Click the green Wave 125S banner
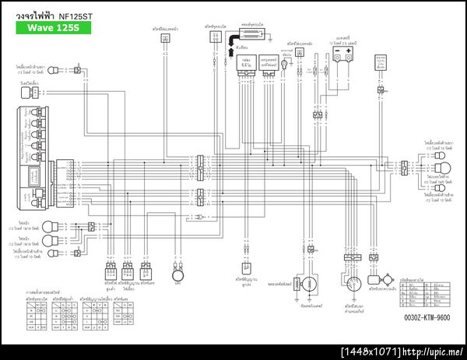50,28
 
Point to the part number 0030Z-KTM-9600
427,317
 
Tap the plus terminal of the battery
350,51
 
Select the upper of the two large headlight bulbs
50,227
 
